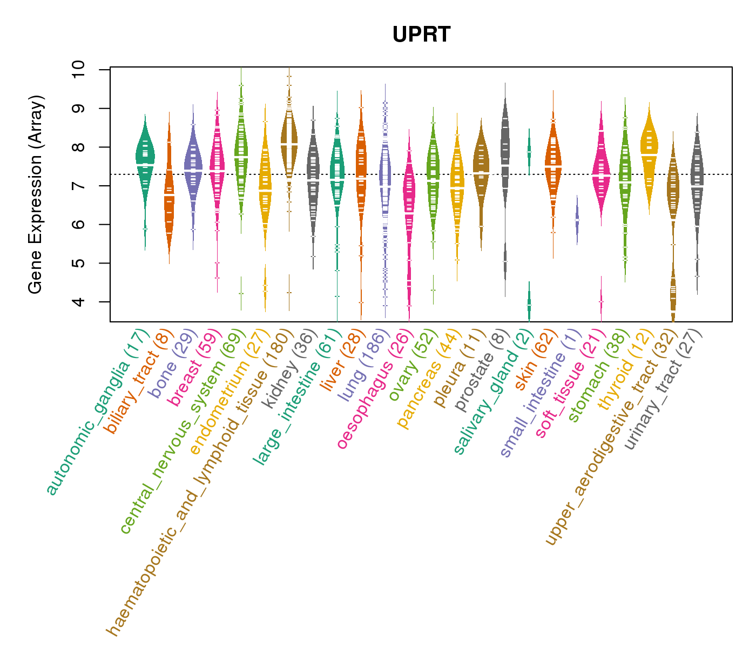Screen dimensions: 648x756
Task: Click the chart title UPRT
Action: [421, 35]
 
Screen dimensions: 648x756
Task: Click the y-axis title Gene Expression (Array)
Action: [36, 194]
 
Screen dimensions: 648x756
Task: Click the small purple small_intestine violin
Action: [577, 220]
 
